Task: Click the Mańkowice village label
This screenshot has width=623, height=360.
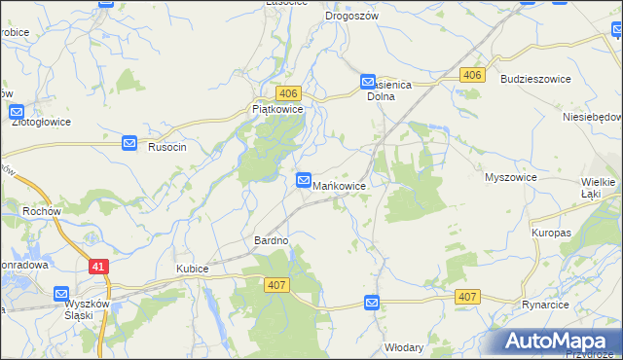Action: (340, 184)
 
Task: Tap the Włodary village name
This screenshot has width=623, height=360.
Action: (404, 346)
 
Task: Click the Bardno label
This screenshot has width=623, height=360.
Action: (272, 240)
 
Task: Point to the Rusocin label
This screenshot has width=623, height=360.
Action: (166, 145)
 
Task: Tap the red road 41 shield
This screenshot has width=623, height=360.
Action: (97, 266)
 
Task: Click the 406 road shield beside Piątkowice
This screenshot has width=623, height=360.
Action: (287, 92)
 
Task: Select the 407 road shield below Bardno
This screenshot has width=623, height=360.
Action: (275, 283)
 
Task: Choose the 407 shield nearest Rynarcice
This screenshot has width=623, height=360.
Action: (467, 296)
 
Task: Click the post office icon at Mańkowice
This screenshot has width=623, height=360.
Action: (304, 180)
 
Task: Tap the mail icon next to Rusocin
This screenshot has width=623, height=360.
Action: (130, 144)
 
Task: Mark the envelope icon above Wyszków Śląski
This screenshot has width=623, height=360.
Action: (61, 294)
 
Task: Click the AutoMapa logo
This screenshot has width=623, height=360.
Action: (561, 340)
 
